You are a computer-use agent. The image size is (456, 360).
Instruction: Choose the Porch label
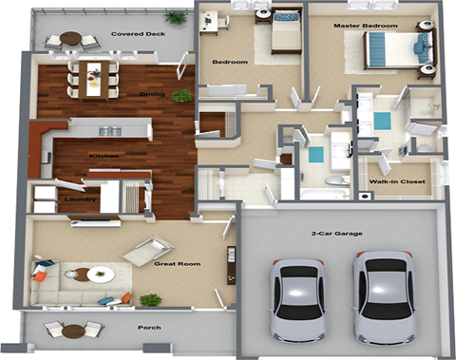pos(147,329)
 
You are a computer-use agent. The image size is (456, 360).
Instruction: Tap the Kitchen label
pos(104,156)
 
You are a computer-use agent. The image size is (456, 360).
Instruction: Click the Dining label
pos(152,95)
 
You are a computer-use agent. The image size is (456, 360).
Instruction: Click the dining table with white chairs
pos(94,78)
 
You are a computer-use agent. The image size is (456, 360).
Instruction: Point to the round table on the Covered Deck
pos(71,40)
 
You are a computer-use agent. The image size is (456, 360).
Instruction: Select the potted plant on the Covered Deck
pos(175,17)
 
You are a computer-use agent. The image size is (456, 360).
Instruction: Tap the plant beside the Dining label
pos(180,96)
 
